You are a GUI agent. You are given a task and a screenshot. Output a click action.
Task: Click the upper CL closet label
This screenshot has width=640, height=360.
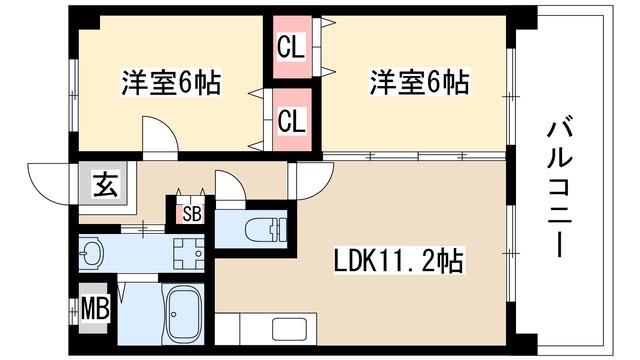[291, 47]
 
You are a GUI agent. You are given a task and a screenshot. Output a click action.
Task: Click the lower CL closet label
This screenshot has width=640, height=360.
[291, 120]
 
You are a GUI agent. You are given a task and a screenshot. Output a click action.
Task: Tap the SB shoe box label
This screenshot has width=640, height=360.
[191, 214]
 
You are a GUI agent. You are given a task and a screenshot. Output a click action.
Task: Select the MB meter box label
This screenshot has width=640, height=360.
[95, 308]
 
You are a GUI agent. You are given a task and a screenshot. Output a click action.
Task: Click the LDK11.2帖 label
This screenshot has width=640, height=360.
[398, 261]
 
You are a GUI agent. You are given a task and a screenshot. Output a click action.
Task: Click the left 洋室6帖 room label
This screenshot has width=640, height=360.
[171, 82]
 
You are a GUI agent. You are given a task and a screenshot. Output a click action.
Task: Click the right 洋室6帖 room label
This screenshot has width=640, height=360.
[419, 82]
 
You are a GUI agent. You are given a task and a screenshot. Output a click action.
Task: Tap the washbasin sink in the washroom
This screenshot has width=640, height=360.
[91, 253]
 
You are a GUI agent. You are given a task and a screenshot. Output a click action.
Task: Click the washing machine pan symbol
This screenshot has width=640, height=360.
[188, 253]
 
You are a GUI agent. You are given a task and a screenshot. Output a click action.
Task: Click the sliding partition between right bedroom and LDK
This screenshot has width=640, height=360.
[414, 156]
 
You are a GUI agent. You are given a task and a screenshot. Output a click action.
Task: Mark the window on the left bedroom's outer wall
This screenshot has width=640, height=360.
[73, 96]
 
